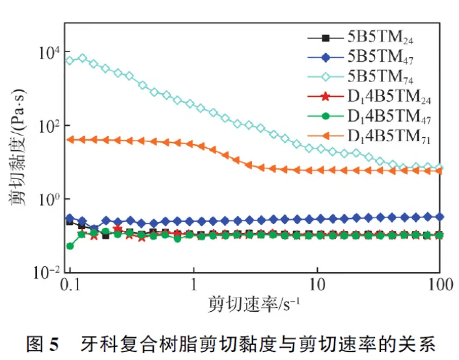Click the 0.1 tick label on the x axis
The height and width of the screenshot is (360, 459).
pos(70,286)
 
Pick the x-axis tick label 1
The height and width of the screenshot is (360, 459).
pos(193,286)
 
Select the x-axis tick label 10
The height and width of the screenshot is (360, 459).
pos(316,286)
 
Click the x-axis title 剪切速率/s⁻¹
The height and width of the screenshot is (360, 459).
pos(255,304)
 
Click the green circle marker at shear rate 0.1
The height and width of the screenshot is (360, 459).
pos(70,245)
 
